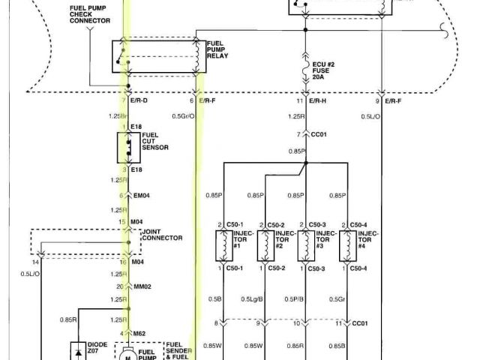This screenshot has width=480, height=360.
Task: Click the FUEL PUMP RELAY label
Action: pyautogui.click(x=219, y=49)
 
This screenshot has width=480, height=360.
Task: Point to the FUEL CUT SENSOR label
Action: pyautogui.click(x=154, y=142)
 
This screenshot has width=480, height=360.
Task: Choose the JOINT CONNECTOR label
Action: pyautogui.click(x=162, y=235)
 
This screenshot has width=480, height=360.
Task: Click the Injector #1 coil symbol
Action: pyautogui.click(x=224, y=245)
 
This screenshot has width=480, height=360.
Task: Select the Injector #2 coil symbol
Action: pyautogui.click(x=265, y=245)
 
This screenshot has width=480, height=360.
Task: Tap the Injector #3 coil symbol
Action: pyautogui.click(x=307, y=245)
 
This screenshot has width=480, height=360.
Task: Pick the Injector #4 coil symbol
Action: pyautogui.click(x=347, y=245)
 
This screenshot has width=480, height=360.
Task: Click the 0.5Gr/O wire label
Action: pyautogui.click(x=182, y=116)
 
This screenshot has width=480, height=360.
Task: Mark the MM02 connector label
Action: pyautogui.click(x=142, y=286)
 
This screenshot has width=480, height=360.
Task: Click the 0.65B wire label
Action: pyautogui.click(x=337, y=346)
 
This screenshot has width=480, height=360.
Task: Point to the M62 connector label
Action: pyautogui.click(x=140, y=333)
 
